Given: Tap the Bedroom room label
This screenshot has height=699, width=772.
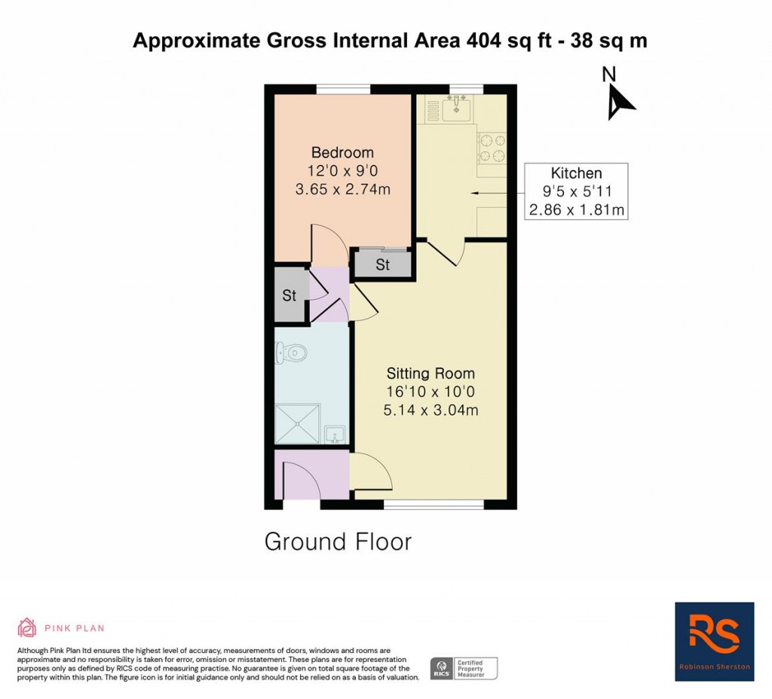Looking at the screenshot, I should [343, 153].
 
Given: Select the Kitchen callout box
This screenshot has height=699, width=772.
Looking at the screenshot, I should [577, 191].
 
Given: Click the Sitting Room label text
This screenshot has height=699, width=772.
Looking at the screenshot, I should [430, 373].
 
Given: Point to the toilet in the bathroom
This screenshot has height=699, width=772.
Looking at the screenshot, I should [293, 351].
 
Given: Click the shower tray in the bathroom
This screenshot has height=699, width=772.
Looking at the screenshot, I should [297, 424].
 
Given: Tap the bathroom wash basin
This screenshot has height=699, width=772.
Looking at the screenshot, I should [335, 435].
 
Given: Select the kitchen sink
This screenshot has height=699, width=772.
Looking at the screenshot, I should [456, 110].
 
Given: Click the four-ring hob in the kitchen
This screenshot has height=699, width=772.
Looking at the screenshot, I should [492, 148].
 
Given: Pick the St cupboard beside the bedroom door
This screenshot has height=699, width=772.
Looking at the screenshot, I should [383, 264].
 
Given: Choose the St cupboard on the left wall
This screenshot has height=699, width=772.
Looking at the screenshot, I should [289, 295].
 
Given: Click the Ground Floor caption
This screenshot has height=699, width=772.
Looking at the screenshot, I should [338, 542].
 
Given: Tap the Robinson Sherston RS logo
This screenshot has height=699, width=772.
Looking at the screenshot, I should [714, 641].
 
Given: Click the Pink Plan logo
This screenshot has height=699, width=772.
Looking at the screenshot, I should [61, 627].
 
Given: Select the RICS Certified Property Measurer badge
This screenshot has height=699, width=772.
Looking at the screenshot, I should [464, 668].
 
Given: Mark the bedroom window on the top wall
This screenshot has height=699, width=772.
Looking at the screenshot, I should [343, 90].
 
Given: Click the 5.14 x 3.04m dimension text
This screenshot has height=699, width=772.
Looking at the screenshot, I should [430, 411].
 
